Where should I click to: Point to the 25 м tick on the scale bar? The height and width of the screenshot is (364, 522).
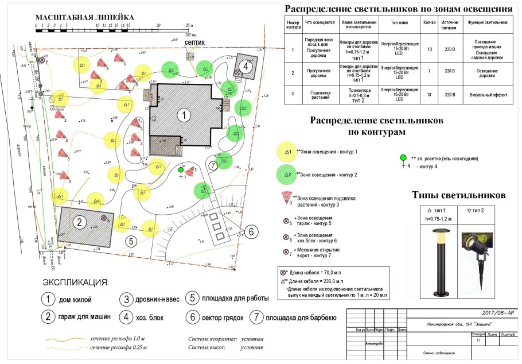(x=188, y=26)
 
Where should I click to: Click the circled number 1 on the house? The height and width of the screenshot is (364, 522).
(x=183, y=115)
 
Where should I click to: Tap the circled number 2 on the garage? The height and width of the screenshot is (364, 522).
(x=81, y=223)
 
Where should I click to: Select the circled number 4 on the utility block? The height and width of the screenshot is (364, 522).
(x=246, y=65)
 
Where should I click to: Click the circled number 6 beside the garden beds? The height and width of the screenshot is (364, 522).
(x=250, y=232)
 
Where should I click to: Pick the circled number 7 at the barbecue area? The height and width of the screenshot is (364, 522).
(x=213, y=165)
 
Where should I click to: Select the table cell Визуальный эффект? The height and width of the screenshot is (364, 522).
(x=487, y=94)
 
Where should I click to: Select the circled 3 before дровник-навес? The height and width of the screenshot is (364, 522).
(x=126, y=299)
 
